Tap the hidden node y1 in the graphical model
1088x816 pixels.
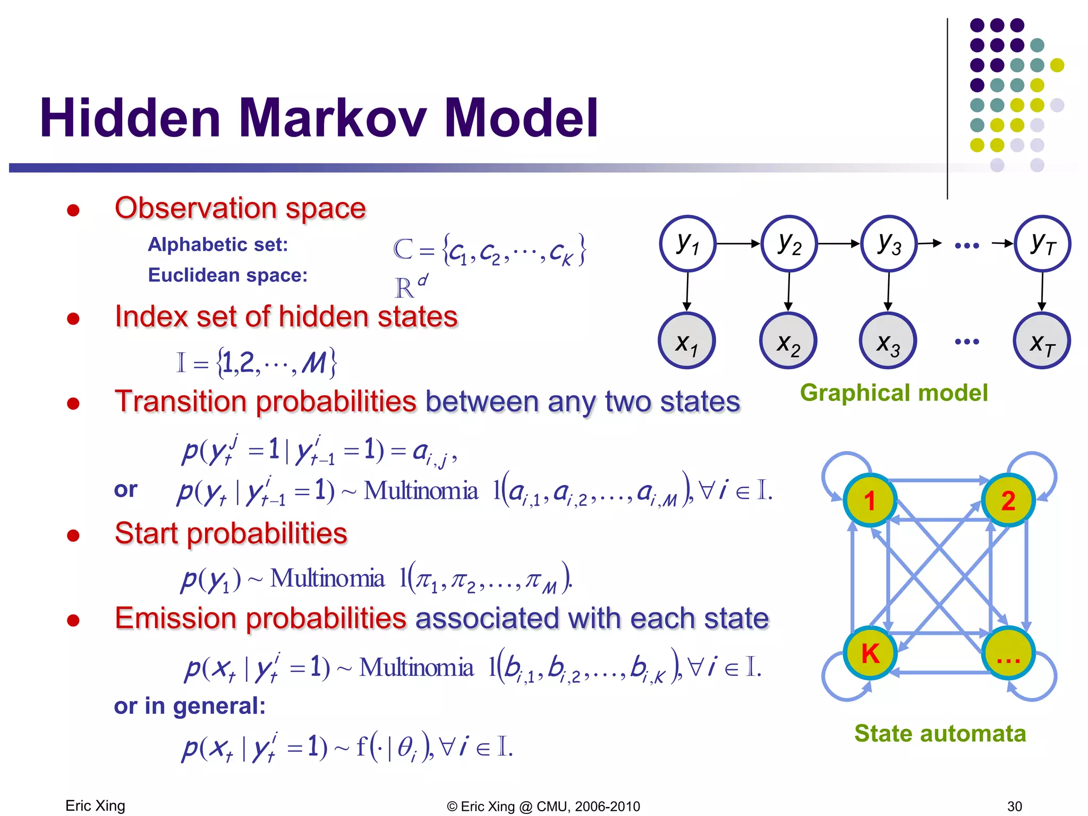pyautogui.click(x=687, y=244)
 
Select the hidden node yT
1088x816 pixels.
pyautogui.click(x=1042, y=244)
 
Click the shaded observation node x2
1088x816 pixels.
pyautogui.click(x=788, y=341)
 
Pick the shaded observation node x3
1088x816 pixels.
pyautogui.click(x=888, y=341)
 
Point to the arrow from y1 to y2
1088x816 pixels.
pyautogui.click(x=738, y=244)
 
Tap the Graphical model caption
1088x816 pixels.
pyautogui.click(x=894, y=393)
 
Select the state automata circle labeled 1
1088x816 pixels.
pyautogui.click(x=870, y=500)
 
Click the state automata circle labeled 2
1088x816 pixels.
pyautogui.click(x=1008, y=500)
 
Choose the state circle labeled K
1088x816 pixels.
pyautogui.click(x=870, y=653)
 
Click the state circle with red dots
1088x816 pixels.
pyautogui.click(x=1008, y=653)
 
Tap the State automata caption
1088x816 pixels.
pyautogui.click(x=940, y=734)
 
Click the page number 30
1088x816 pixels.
pyautogui.click(x=1014, y=806)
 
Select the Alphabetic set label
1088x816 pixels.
pyautogui.click(x=218, y=244)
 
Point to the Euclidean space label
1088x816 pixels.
pyautogui.click(x=227, y=275)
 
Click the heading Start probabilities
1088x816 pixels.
pyautogui.click(x=231, y=533)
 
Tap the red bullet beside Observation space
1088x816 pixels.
pyautogui.click(x=73, y=210)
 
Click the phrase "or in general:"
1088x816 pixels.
pyautogui.click(x=190, y=706)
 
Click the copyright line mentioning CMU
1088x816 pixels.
pyautogui.click(x=543, y=806)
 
